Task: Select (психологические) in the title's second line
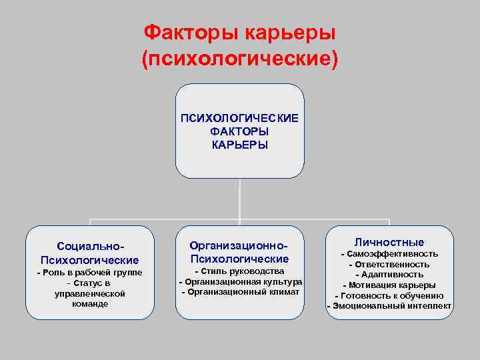tap(240, 59)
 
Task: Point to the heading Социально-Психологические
tap(89, 253)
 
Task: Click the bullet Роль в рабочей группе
tap(89, 273)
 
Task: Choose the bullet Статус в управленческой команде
tap(89, 293)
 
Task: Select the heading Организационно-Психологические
tap(239, 252)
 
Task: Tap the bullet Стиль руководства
tap(239, 271)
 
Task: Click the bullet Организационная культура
tap(240, 281)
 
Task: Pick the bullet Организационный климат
tap(240, 291)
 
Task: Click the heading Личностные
tap(389, 242)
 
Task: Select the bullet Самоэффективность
tap(389, 254)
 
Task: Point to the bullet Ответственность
tap(389, 264)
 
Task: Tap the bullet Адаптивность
tap(389, 274)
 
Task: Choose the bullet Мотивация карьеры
tap(389, 285)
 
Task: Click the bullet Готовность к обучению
tap(389, 295)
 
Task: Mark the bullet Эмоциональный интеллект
tap(389, 306)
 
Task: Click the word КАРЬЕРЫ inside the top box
tap(239, 145)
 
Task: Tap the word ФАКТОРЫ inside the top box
tap(239, 131)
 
